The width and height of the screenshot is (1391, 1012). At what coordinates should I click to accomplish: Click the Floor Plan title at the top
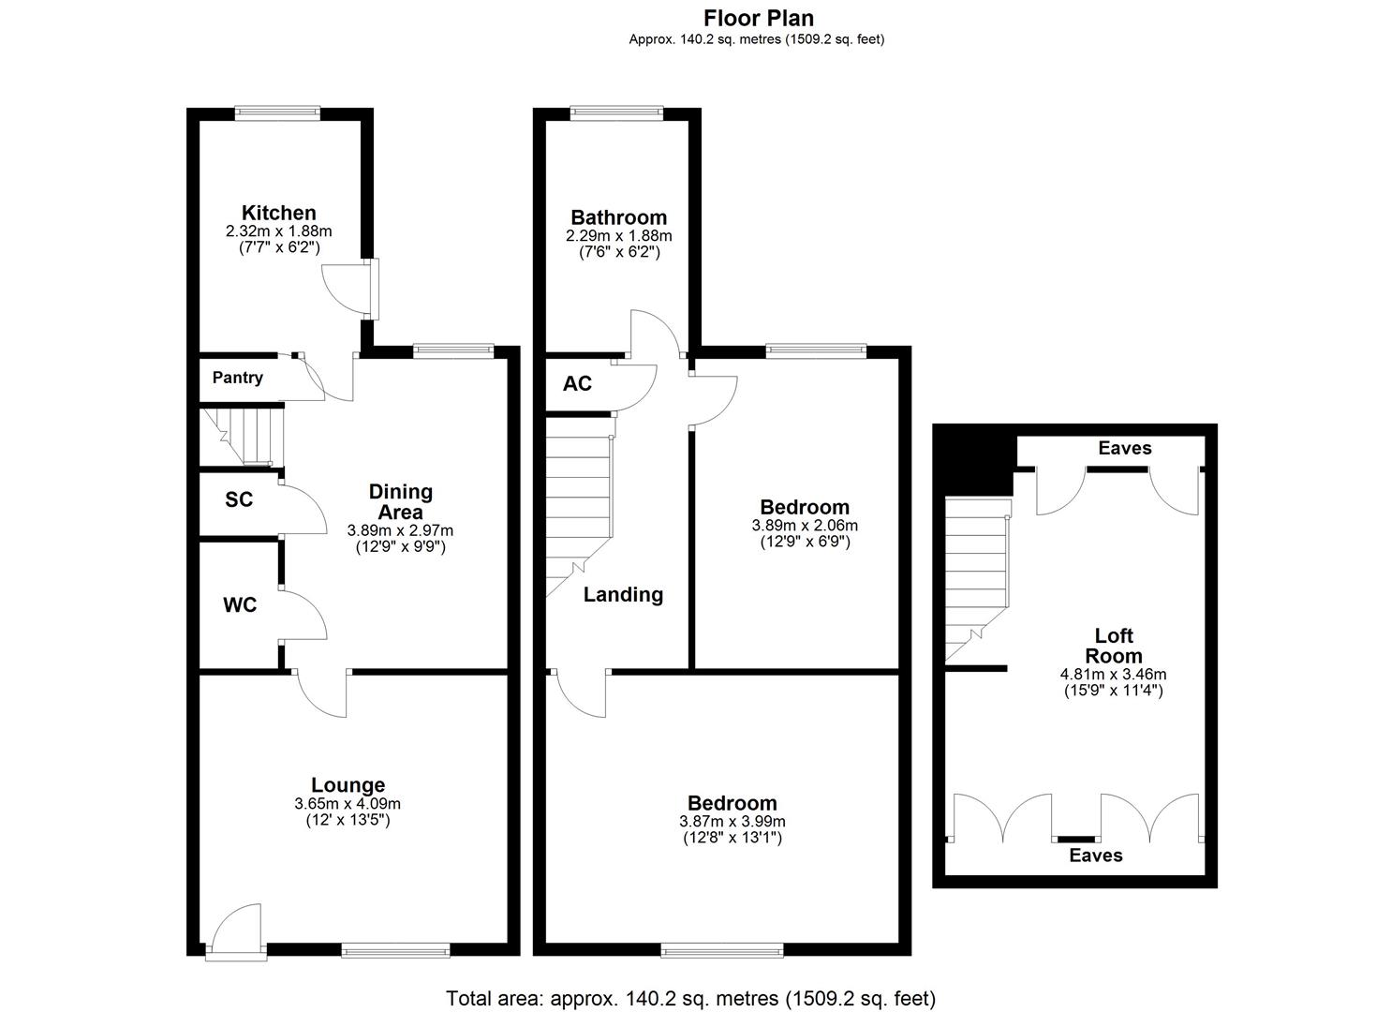click(759, 18)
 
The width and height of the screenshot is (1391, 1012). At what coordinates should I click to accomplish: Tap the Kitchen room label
click(278, 213)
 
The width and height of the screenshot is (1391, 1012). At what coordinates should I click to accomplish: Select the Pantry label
click(237, 378)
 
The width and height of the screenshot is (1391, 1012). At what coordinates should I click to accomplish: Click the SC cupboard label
click(239, 499)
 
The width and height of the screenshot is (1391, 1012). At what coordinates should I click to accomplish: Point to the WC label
click(240, 605)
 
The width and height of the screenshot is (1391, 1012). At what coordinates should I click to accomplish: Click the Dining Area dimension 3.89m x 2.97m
click(400, 530)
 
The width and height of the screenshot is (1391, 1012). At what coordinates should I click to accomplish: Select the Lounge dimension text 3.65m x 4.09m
click(348, 804)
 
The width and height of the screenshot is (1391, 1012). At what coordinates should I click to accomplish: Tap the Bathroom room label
click(618, 218)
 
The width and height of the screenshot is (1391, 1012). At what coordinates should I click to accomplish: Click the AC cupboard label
click(577, 384)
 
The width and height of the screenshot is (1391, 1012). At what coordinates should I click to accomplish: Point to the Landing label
click(623, 594)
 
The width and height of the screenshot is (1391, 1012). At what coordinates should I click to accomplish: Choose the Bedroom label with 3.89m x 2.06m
click(805, 507)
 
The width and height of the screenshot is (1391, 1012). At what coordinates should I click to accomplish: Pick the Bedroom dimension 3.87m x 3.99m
click(732, 822)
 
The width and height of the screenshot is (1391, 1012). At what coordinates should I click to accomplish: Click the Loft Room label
click(1113, 646)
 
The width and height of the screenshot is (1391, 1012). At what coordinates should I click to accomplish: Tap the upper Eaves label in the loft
click(1124, 448)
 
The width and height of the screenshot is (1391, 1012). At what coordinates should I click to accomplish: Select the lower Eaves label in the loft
click(1095, 856)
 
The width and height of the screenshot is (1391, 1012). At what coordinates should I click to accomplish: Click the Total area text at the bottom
click(690, 998)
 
